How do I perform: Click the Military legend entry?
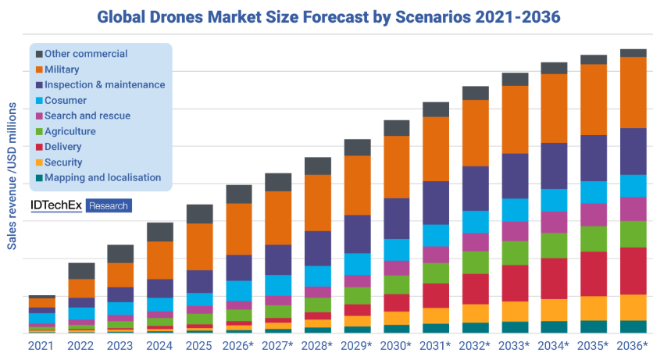pos(62,70)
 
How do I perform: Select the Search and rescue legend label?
pos(87,116)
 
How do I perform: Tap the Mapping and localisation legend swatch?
pos(38,178)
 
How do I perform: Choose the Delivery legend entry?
pos(63,147)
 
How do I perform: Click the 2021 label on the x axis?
pos(41,345)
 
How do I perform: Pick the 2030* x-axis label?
pos(397,345)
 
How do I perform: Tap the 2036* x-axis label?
pos(633,345)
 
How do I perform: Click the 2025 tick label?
pos(198,345)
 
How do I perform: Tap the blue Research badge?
pos(109,205)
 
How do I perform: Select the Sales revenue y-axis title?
pos(12,175)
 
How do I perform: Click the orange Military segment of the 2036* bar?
pos(633,92)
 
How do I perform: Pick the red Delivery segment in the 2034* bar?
pos(554,278)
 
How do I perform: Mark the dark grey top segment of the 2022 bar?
pos(81,270)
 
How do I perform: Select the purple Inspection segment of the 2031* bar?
pos(436,202)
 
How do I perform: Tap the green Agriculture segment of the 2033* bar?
pos(515,253)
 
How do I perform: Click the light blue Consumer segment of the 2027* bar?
pos(278,285)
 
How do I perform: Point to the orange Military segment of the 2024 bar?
pos(160,260)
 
